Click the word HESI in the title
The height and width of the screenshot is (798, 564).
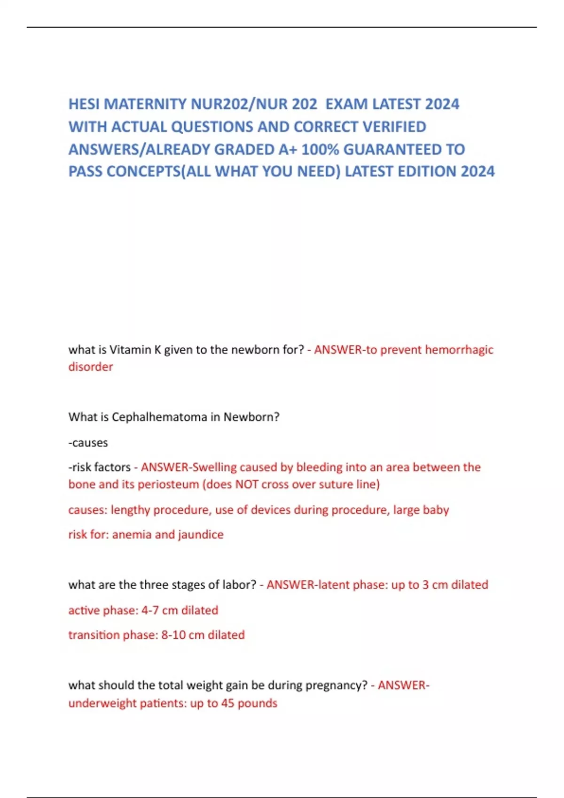click(84, 104)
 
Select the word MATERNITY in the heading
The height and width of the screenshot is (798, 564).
click(146, 104)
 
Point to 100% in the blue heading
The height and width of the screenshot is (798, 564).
click(320, 149)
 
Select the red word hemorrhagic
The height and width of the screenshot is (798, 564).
click(459, 350)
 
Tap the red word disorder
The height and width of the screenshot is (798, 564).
click(91, 367)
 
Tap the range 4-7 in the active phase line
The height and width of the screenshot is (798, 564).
click(150, 610)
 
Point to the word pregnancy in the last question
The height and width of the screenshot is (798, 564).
click(336, 685)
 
